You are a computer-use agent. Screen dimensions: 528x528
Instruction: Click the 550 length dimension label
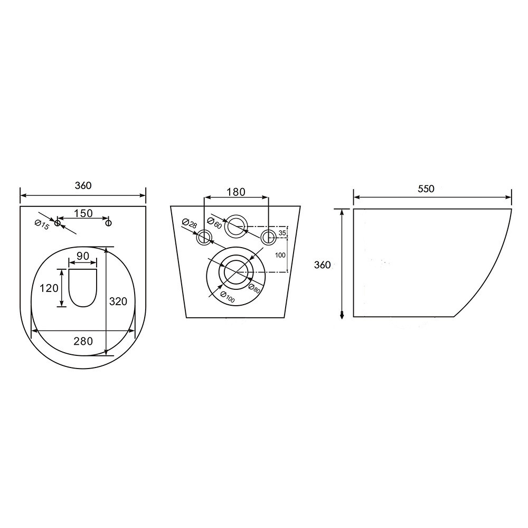click(x=426, y=189)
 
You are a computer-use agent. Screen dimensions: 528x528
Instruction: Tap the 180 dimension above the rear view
click(x=235, y=192)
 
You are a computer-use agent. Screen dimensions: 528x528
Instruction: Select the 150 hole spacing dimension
click(x=83, y=213)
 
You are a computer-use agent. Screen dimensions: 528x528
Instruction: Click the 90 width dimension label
click(x=83, y=256)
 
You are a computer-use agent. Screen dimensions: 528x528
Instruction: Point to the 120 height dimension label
click(x=49, y=288)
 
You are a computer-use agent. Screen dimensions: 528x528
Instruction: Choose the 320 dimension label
click(x=118, y=301)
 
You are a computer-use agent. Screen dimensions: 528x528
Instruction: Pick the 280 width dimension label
click(x=83, y=341)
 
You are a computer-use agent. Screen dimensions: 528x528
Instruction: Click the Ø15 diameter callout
click(x=42, y=224)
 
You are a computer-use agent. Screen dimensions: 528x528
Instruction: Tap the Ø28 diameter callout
click(x=189, y=223)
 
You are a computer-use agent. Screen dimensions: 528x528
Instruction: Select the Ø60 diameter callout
click(x=214, y=223)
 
